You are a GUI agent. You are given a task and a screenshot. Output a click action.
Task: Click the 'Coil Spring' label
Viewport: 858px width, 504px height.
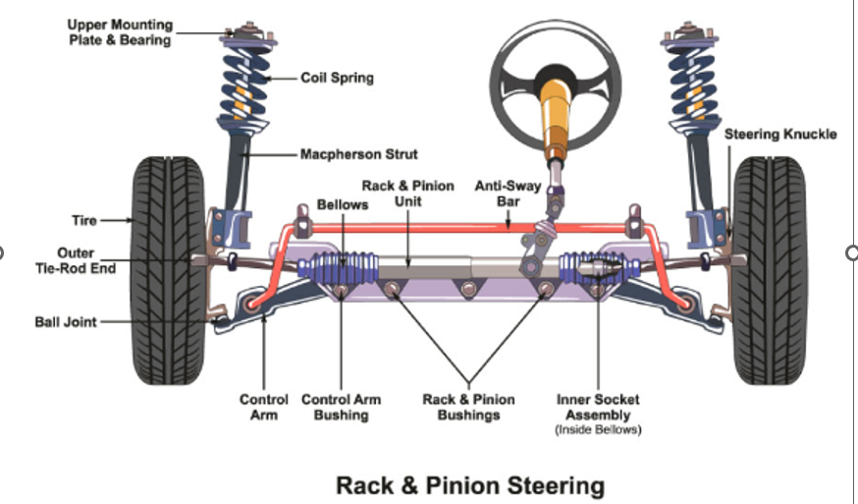[x=337, y=78]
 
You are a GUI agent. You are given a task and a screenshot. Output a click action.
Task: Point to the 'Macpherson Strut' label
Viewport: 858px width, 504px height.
[x=358, y=154]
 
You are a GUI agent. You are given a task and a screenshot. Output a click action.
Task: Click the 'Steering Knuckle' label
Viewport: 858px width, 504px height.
[x=780, y=134]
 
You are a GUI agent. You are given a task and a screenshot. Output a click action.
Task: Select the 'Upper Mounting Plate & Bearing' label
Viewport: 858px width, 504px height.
[x=119, y=31]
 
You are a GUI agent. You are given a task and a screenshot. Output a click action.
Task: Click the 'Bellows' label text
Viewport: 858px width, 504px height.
[x=342, y=205]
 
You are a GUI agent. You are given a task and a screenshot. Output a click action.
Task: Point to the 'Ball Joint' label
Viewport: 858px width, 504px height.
[x=65, y=321]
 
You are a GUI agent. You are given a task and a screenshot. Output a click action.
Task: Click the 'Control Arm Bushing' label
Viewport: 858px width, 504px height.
[x=341, y=408]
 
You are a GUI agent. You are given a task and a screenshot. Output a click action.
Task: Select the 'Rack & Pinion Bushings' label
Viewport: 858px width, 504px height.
[x=467, y=408]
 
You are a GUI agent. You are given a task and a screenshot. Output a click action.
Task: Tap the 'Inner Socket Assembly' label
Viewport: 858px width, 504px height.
[x=597, y=408]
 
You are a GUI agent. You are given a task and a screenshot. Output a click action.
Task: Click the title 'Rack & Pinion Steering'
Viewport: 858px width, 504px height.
[x=470, y=484]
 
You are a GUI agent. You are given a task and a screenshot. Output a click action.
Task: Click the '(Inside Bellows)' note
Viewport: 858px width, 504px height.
[x=597, y=430]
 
